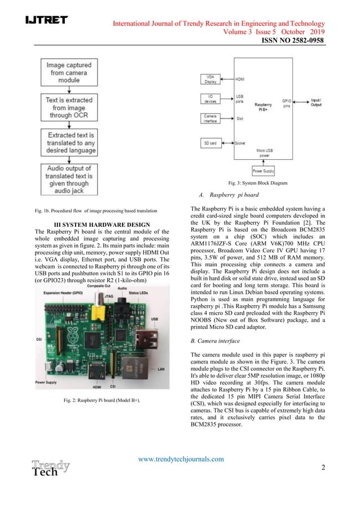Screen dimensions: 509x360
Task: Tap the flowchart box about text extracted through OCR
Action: click(72, 106)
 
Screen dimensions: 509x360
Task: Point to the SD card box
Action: click(209, 143)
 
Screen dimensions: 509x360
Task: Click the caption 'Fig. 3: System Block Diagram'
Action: click(256, 183)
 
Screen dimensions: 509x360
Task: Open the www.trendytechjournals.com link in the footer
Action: click(181, 459)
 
